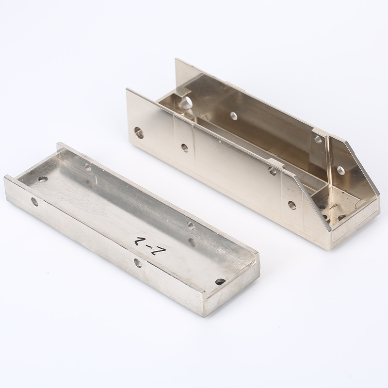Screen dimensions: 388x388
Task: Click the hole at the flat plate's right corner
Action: click(220, 281)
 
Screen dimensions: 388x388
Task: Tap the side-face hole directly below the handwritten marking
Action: click(138, 263)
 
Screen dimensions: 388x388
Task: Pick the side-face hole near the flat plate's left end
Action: click(34, 201)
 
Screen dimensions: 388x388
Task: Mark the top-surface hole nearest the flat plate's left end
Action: click(43, 179)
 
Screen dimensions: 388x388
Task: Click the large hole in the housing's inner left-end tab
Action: click(185, 102)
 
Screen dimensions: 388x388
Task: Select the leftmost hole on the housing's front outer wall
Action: click(139, 131)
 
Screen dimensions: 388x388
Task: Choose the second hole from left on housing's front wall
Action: click(184, 147)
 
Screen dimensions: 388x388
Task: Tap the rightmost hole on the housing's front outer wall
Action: click(291, 205)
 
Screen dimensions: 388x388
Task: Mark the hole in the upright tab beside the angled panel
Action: click(318, 140)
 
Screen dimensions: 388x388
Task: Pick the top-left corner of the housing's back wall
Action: click(176, 60)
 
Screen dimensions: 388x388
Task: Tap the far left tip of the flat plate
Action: click(5, 178)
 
